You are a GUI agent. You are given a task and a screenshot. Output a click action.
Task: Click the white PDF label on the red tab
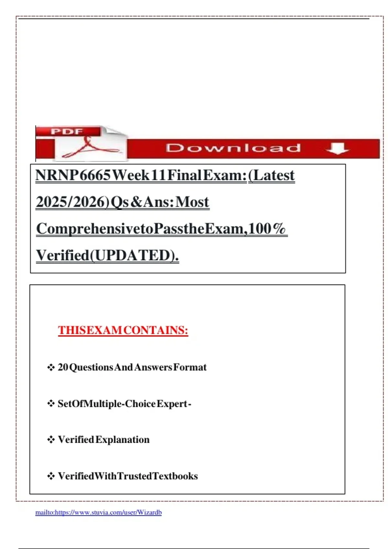point(67,131)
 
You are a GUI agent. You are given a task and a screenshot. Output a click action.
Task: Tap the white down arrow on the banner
point(338,148)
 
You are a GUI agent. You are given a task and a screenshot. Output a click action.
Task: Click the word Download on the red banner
point(233,148)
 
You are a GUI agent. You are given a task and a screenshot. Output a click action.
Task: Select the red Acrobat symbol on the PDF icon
point(89,148)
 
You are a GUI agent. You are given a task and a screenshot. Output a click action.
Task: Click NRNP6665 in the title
point(73,175)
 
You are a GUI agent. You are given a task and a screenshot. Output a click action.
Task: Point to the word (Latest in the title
point(272,175)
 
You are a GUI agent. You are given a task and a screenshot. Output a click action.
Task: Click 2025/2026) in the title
point(73,202)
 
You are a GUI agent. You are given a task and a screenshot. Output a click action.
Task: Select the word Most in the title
point(192,202)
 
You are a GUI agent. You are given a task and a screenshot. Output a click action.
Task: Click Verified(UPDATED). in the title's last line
point(107,255)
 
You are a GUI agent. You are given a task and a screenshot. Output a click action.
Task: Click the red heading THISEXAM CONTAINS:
point(123,330)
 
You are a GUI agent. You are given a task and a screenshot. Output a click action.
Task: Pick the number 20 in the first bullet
point(63,367)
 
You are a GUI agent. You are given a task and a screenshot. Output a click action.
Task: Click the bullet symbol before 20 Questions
point(51,368)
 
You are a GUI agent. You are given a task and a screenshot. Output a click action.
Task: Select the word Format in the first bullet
point(190,367)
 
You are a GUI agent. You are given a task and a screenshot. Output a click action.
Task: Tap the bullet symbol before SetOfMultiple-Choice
point(51,404)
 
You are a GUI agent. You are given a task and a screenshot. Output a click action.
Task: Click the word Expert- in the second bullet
point(174,404)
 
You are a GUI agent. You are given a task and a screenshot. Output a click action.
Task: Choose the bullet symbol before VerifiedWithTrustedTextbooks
point(51,476)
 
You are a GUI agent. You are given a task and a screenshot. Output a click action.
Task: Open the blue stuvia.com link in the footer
point(98,513)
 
